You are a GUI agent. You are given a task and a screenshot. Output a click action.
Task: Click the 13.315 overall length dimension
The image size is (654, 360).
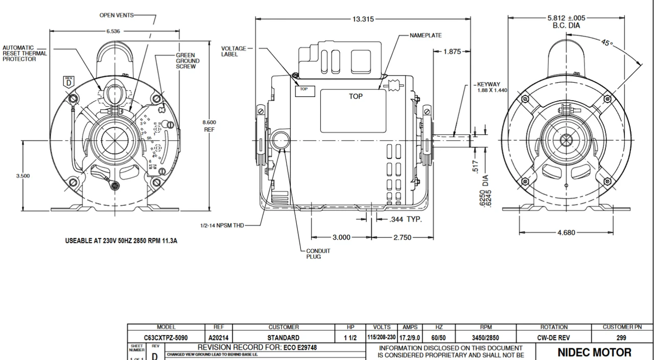coord(363,19)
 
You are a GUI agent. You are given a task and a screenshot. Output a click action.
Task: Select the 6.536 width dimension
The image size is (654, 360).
coord(113,32)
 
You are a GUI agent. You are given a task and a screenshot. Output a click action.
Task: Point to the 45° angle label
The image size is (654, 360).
coord(606,43)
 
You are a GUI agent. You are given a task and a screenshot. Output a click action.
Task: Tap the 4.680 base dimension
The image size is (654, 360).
coord(566,233)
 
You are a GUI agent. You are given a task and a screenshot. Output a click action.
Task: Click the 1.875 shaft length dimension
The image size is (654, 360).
coord(452,52)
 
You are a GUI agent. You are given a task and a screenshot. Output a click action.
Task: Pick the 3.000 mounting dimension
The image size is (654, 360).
coord(341,237)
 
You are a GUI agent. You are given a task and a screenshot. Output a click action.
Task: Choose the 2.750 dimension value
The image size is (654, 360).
coord(402,237)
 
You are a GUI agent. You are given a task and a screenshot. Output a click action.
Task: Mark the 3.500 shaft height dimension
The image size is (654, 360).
coord(23,176)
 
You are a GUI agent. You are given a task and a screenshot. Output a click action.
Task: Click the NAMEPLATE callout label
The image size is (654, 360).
coord(426,36)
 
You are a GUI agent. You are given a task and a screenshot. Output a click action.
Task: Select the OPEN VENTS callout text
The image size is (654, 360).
coord(116,15)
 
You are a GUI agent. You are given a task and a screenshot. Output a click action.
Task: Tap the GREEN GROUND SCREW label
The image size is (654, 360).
coord(188,61)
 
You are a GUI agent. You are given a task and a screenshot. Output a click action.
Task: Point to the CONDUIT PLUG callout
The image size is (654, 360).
coord(318,254)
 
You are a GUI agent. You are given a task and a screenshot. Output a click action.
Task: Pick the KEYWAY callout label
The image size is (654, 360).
coord(488,84)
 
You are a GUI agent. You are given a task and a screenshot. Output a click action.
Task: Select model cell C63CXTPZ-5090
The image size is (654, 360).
coord(166,338)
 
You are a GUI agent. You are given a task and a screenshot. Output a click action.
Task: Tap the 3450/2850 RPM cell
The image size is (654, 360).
coord(485,338)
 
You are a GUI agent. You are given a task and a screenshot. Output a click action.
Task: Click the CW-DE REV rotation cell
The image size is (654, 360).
coord(554,338)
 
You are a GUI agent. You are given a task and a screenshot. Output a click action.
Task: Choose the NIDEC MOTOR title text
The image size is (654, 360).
coord(594,352)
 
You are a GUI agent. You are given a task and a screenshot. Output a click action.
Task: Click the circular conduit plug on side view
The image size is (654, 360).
coord(280,140)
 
